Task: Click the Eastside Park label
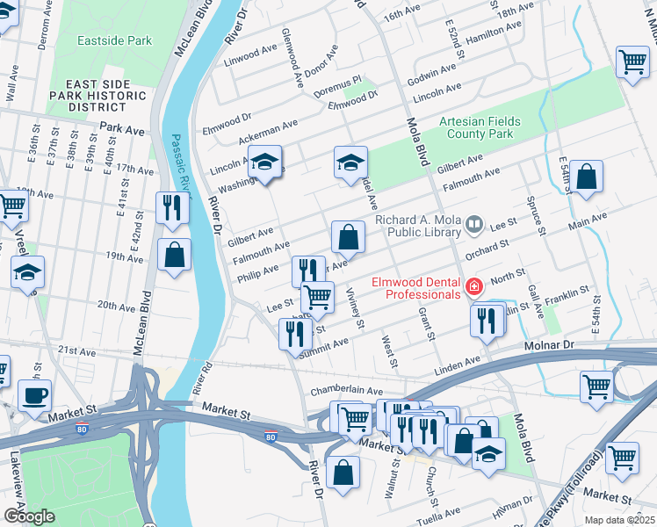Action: pyautogui.click(x=114, y=40)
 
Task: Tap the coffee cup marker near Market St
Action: pyautogui.click(x=34, y=395)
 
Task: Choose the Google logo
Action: pyautogui.click(x=29, y=516)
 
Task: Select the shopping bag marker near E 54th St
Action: pyautogui.click(x=586, y=176)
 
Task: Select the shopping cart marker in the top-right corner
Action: pyautogui.click(x=632, y=61)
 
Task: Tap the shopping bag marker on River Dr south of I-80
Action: pyautogui.click(x=343, y=473)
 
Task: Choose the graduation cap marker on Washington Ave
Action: pyautogui.click(x=264, y=162)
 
